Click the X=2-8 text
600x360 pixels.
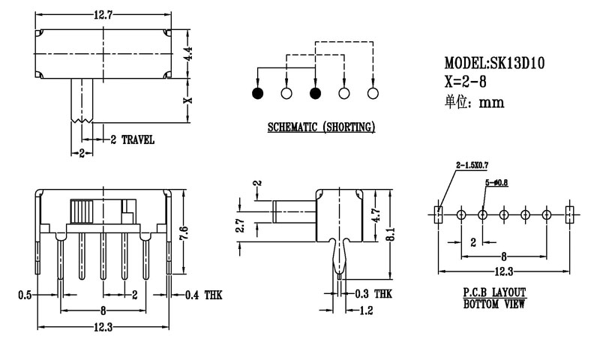(x=466, y=82)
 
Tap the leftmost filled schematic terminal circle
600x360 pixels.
(x=257, y=94)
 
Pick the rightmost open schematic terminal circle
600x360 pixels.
(x=373, y=94)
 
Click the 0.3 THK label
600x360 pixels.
(x=373, y=295)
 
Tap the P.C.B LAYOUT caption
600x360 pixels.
(x=493, y=292)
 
